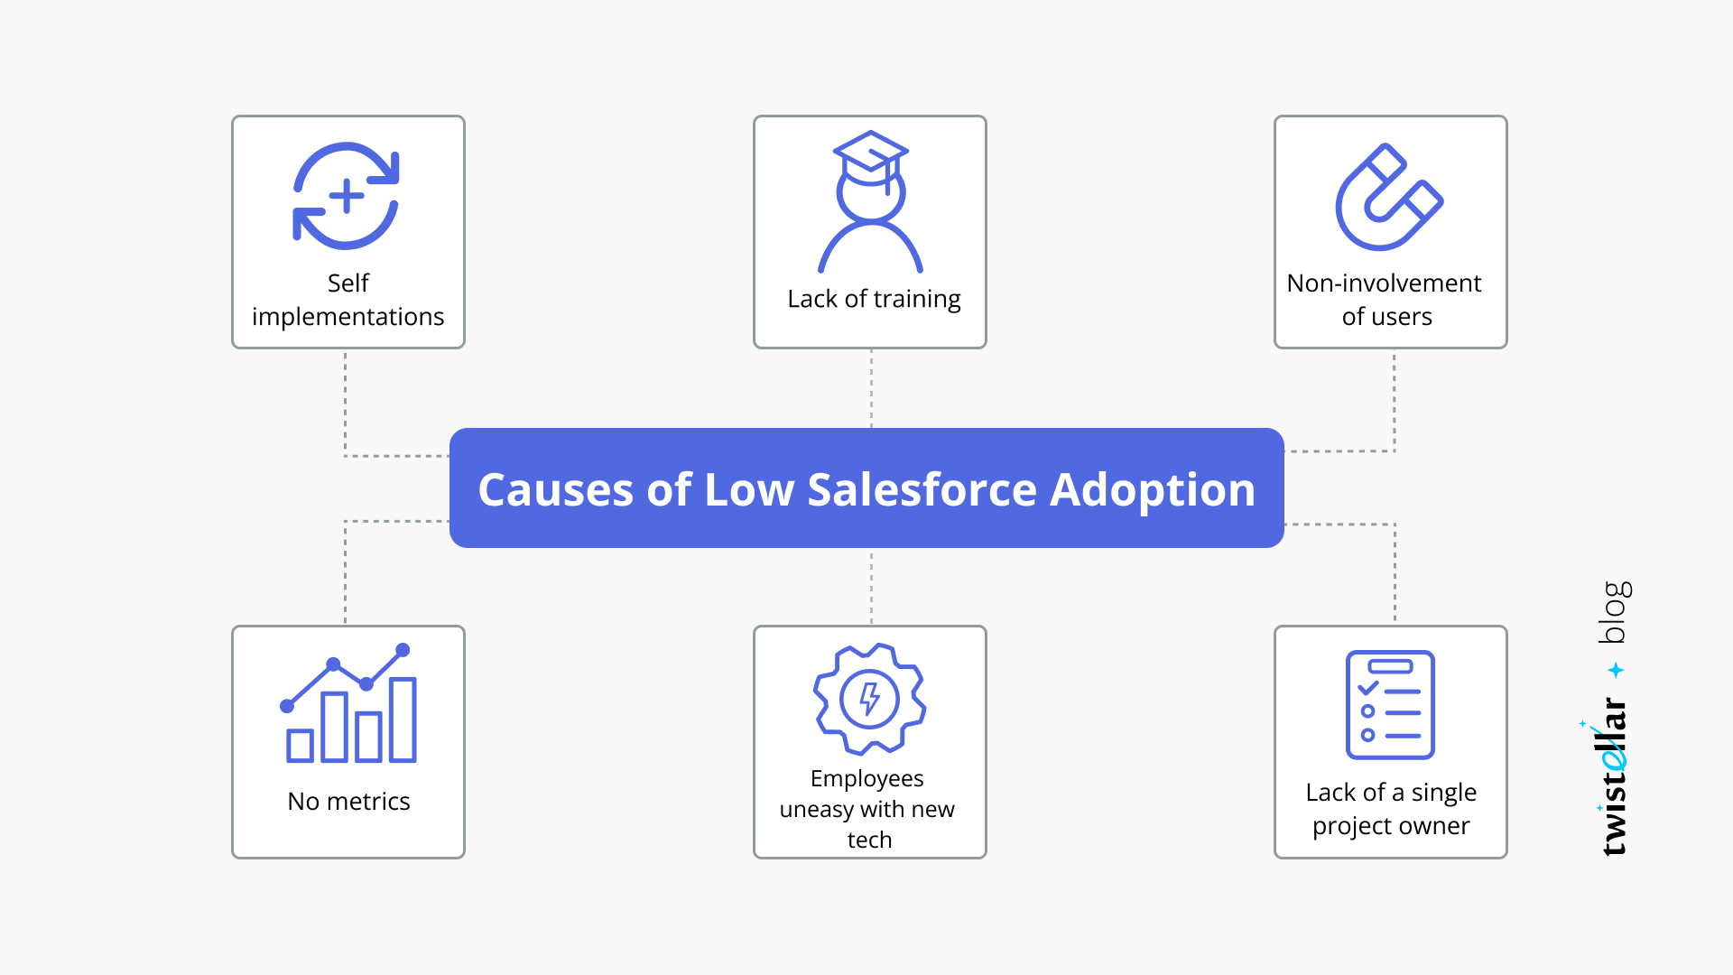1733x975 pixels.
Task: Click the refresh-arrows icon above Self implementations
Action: (x=347, y=196)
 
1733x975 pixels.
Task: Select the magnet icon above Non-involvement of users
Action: (x=1388, y=198)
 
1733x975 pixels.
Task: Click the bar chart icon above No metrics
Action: (x=349, y=704)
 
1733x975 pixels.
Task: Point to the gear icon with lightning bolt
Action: (x=869, y=699)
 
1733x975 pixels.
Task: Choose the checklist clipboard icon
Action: (x=1390, y=705)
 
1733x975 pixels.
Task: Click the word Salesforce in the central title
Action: (x=922, y=490)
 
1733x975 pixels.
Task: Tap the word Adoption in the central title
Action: (x=1153, y=490)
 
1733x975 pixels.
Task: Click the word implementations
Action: (x=348, y=317)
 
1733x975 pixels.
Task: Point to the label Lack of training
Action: (x=874, y=299)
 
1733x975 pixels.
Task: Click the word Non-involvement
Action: (x=1384, y=283)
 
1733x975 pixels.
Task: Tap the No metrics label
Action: (x=348, y=802)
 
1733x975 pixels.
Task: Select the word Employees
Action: (x=866, y=778)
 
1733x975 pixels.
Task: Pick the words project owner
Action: (x=1391, y=826)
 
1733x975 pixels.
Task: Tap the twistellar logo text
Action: (x=1613, y=776)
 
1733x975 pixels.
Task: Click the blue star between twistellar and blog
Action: (x=1616, y=670)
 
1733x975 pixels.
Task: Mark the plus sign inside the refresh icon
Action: (x=347, y=196)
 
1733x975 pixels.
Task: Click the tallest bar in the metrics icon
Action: (x=403, y=720)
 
